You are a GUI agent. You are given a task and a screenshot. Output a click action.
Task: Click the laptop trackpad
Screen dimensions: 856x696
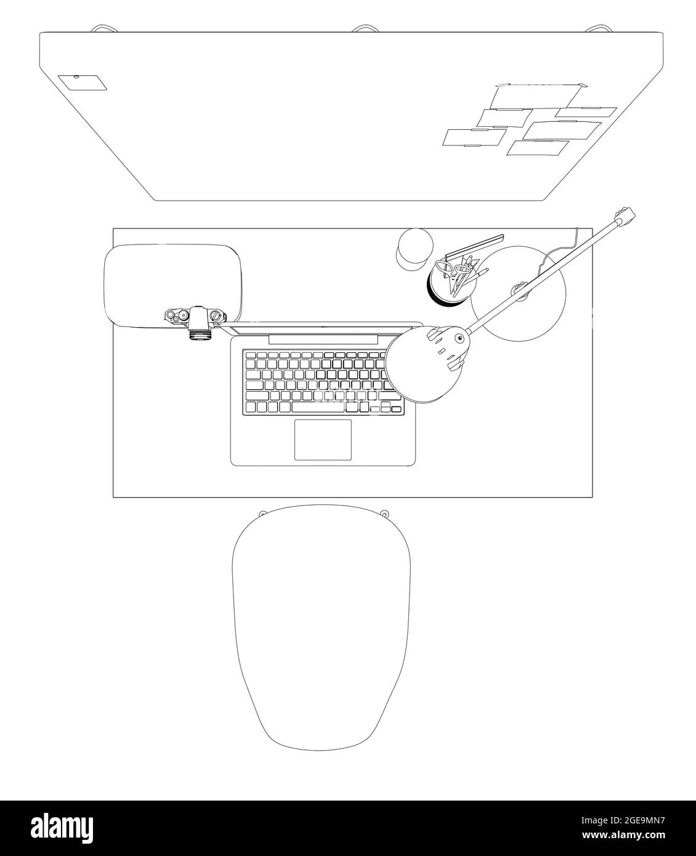(x=323, y=440)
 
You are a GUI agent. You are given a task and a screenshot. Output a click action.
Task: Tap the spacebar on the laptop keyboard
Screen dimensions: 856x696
(x=318, y=407)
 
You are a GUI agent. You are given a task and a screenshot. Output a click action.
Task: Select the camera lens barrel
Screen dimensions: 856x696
(x=200, y=334)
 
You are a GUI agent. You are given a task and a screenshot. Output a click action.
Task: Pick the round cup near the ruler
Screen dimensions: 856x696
(x=413, y=248)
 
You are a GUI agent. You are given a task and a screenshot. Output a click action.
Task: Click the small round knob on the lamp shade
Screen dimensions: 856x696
(x=458, y=337)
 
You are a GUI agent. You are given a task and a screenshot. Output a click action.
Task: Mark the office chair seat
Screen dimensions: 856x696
(x=321, y=622)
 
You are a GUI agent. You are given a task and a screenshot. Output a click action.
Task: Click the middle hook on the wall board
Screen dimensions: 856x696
(x=365, y=28)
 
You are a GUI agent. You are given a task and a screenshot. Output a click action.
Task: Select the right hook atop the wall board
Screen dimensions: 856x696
(x=595, y=28)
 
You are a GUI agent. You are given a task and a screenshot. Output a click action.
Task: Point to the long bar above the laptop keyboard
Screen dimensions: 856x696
(x=323, y=339)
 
